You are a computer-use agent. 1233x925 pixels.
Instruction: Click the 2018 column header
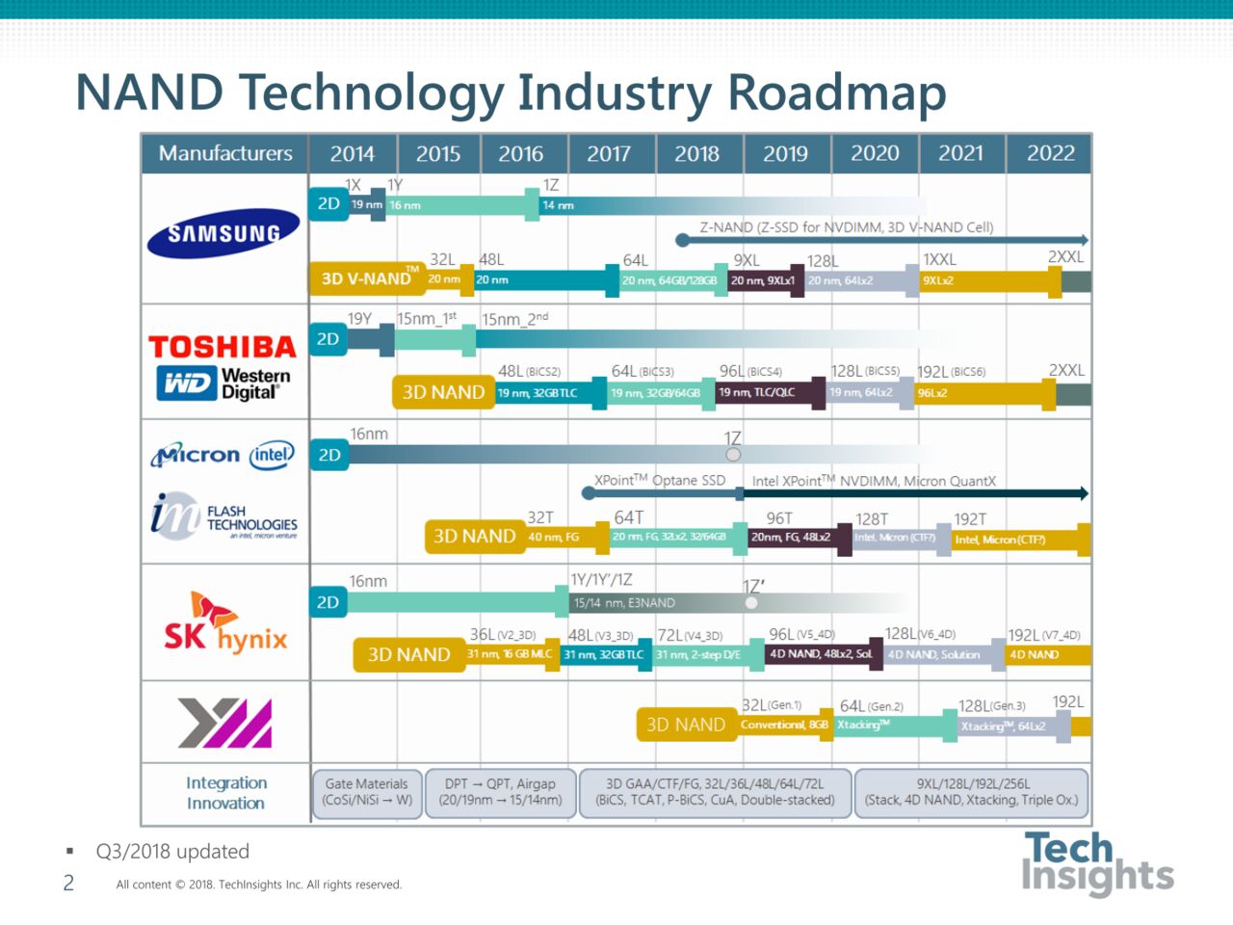pyautogui.click(x=696, y=153)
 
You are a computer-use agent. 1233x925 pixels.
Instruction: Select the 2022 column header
pyautogui.click(x=1050, y=153)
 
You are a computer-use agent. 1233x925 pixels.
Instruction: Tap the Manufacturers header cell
pyautogui.click(x=225, y=153)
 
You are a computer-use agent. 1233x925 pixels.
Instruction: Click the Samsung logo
pyautogui.click(x=223, y=233)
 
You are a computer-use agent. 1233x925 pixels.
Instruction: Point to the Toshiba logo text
pyautogui.click(x=223, y=347)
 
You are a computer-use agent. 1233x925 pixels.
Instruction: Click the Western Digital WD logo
pyautogui.click(x=186, y=383)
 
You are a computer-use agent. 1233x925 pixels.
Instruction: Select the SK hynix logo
pyautogui.click(x=225, y=623)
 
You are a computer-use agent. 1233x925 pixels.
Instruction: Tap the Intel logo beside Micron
pyautogui.click(x=272, y=455)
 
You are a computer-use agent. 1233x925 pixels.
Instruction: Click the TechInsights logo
pyautogui.click(x=1097, y=863)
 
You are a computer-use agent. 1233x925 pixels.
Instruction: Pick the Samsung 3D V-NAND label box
pyautogui.click(x=366, y=279)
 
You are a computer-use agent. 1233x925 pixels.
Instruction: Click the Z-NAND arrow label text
pyautogui.click(x=846, y=227)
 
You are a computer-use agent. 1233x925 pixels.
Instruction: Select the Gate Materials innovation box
pyautogui.click(x=367, y=792)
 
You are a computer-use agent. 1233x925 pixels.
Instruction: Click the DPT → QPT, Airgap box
pyautogui.click(x=501, y=792)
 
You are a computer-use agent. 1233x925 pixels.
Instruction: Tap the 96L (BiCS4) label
pyautogui.click(x=750, y=371)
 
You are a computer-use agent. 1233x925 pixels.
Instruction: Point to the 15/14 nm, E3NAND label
pyautogui.click(x=624, y=603)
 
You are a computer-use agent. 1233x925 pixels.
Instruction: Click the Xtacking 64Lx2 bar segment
pyautogui.click(x=1003, y=727)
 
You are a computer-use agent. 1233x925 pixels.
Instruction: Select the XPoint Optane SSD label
pyautogui.click(x=659, y=480)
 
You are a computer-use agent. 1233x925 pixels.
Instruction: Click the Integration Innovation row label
pyautogui.click(x=225, y=793)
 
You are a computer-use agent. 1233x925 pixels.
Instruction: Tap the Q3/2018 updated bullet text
pyautogui.click(x=172, y=852)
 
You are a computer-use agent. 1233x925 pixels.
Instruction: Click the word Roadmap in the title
pyautogui.click(x=836, y=92)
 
